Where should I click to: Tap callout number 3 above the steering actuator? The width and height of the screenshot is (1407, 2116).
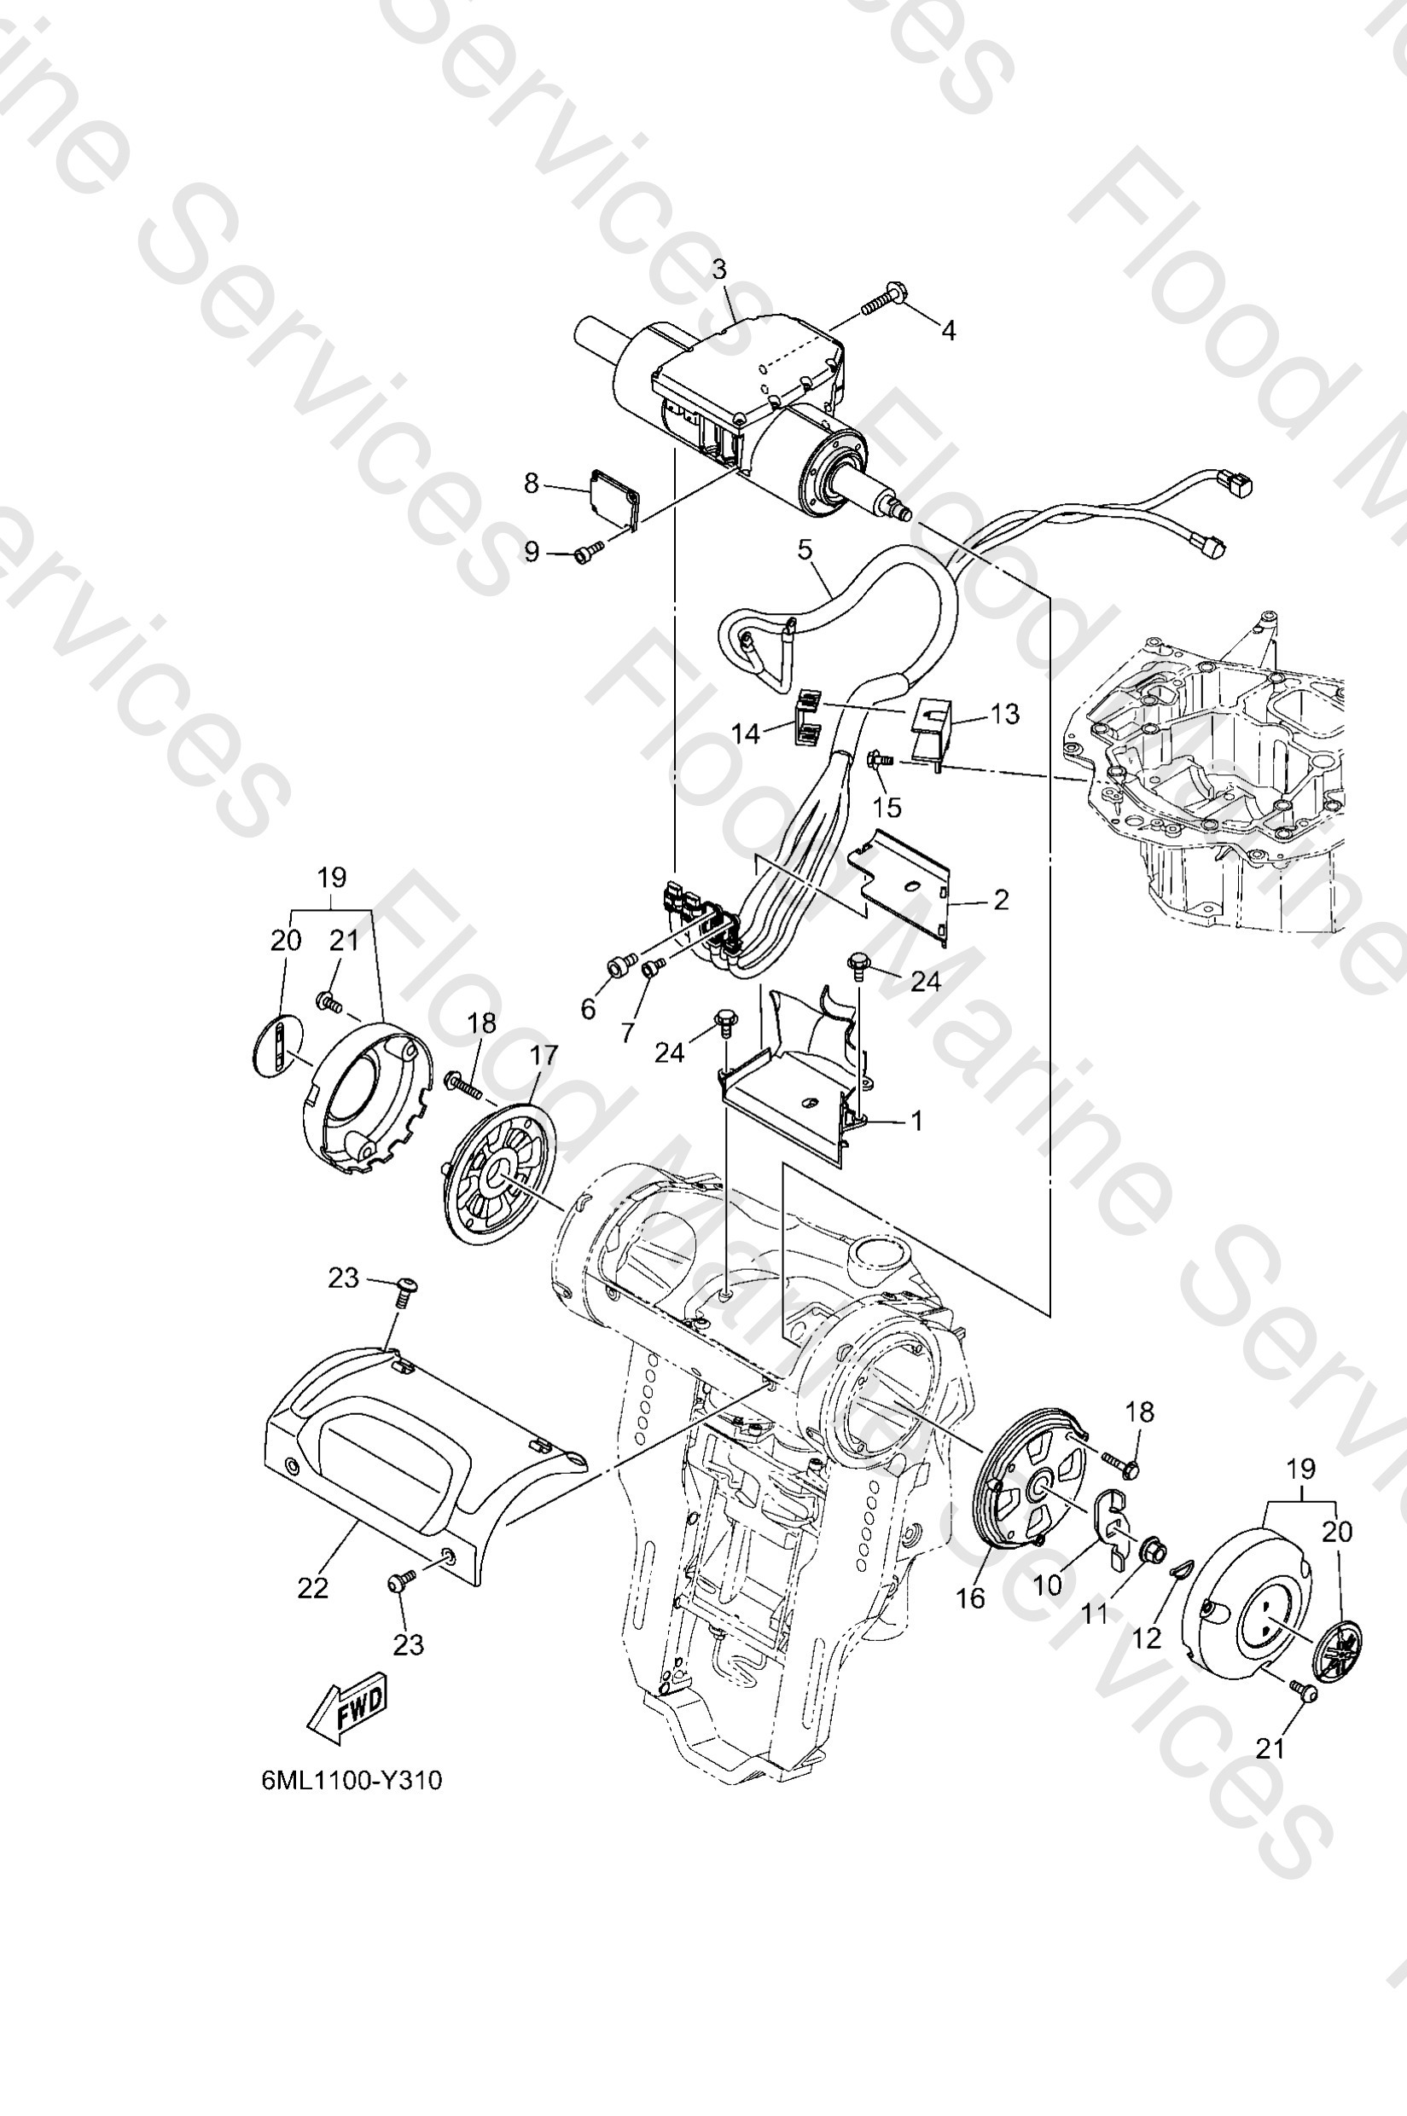(719, 268)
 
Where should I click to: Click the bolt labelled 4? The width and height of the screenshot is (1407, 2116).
(883, 300)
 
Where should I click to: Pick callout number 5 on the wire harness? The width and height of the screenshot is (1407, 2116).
(805, 549)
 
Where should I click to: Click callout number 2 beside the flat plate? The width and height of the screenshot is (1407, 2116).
(1001, 899)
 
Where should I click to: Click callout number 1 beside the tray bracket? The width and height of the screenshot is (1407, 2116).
(916, 1121)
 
